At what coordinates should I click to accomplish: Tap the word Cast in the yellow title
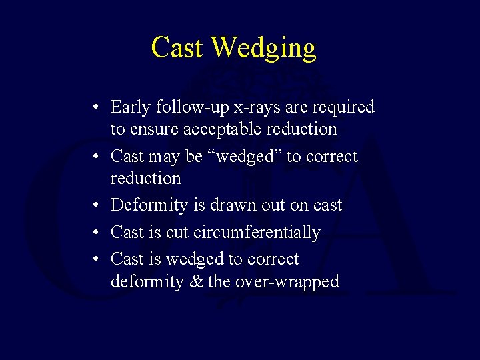[x=177, y=47]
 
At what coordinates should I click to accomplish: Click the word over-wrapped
[x=286, y=282]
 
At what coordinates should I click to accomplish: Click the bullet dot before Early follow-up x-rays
[x=97, y=107]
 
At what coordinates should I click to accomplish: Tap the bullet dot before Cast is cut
[x=97, y=233]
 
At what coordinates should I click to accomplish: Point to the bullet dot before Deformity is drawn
[x=97, y=205]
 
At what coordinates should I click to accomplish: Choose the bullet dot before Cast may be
[x=97, y=157]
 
